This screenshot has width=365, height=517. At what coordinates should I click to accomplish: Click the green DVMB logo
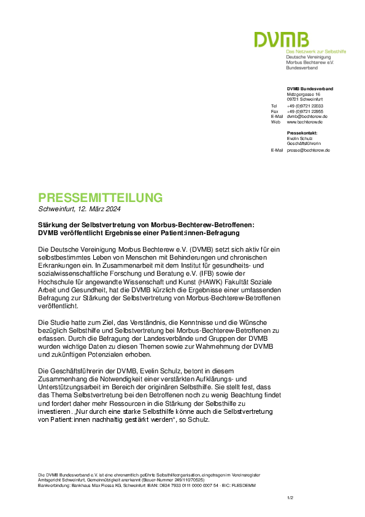282,39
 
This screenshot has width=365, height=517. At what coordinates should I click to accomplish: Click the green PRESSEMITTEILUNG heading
101,198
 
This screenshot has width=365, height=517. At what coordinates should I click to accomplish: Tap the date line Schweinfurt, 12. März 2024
79,209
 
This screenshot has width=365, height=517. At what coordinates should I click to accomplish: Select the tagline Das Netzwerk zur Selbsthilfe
316,52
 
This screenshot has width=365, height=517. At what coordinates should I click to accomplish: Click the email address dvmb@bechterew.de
307,117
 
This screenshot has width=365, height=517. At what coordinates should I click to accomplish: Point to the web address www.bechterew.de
305,122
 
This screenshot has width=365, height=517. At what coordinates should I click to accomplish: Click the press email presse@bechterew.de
309,150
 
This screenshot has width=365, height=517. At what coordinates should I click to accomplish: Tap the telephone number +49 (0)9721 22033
305,106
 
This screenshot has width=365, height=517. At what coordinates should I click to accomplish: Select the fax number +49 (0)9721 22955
305,112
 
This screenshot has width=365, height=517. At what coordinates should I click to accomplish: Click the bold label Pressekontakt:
302,133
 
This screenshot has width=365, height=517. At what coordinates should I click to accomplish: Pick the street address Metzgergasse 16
304,95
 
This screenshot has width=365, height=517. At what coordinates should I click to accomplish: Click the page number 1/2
290,498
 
